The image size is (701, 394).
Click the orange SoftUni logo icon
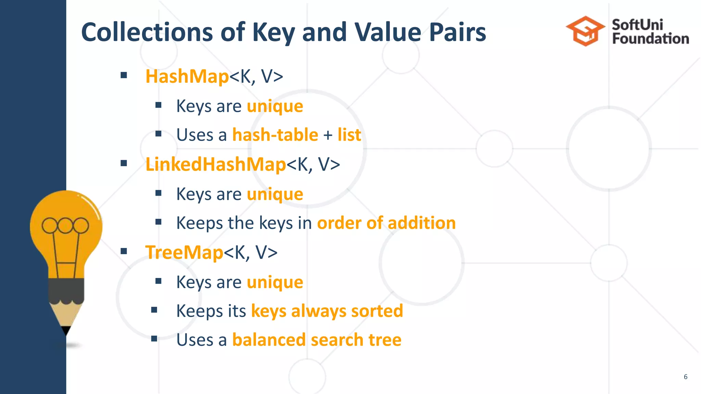point(585,31)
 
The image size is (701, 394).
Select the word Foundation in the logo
point(650,39)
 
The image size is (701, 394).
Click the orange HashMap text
point(187,76)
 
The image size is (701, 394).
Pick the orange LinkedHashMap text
point(216,164)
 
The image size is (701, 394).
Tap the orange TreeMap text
point(184,252)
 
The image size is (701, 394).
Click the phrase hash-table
point(275,135)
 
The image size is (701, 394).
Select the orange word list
point(349,135)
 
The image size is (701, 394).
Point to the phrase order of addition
point(386,223)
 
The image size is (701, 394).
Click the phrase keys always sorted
point(327,311)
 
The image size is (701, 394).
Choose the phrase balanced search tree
point(317,340)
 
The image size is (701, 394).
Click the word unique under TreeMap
point(275,282)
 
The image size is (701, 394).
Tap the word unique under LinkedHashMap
point(275,194)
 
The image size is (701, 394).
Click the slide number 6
point(685,377)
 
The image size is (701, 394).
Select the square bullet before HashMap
point(124,76)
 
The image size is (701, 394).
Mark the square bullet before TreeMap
point(124,252)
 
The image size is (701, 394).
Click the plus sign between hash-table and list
point(328,135)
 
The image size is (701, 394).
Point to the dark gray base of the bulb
point(66,290)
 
